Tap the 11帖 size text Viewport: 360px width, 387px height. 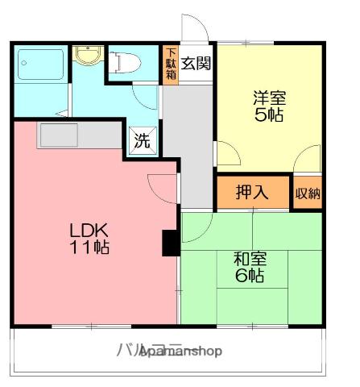88,247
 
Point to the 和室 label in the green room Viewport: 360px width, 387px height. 250,260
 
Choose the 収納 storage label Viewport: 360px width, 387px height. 308,193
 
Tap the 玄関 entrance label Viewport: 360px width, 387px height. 195,64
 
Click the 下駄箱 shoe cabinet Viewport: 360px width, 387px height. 170,62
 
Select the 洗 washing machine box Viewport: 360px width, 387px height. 142,142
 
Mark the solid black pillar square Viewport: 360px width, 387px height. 171,243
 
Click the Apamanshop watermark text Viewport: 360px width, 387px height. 180,352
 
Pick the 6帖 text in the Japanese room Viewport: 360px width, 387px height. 250,277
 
